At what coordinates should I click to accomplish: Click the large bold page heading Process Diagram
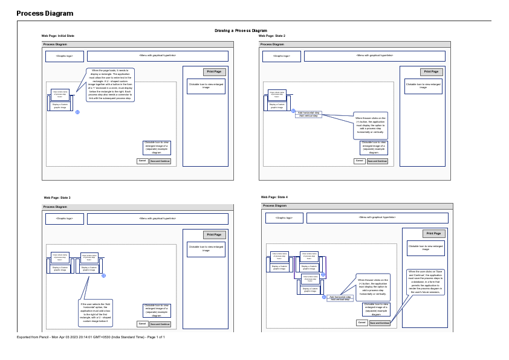[x=45, y=13]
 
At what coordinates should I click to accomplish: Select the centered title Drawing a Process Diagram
[x=241, y=31]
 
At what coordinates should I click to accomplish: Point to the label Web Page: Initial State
[x=58, y=36]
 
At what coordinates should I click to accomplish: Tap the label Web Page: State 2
[x=272, y=36]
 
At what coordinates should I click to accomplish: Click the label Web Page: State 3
[x=57, y=198]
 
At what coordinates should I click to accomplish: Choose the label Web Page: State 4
[x=274, y=197]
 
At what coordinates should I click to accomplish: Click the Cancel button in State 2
[x=359, y=161]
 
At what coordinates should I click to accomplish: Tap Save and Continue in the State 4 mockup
[x=380, y=323]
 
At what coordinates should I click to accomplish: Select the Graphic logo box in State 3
[x=64, y=218]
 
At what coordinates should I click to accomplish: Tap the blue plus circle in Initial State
[x=77, y=112]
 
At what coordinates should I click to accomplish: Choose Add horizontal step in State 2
[x=308, y=112]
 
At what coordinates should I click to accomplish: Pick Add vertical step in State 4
[x=340, y=300]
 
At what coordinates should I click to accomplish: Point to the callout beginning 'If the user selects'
[x=96, y=313]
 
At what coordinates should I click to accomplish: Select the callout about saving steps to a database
[x=426, y=282]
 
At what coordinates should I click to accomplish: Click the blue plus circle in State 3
[x=103, y=275]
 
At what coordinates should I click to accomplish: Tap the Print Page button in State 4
[x=433, y=234]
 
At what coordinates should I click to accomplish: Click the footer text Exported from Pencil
[x=91, y=337]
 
